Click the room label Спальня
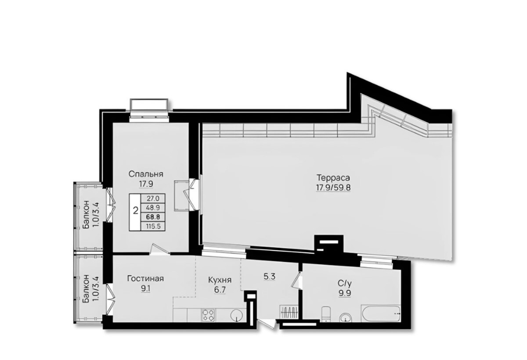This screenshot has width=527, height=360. click(146, 174)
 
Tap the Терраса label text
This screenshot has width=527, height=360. click(333, 178)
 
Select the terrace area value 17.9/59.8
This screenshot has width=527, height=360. click(333, 188)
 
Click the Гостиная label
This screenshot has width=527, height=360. click(145, 279)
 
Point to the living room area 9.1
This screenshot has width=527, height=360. click(146, 288)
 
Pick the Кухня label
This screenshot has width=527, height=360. click(220, 280)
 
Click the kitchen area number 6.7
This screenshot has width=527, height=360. click(220, 290)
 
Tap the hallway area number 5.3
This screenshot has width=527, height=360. click(269, 277)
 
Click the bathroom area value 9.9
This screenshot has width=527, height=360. click(345, 294)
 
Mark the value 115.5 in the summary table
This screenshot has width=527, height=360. click(153, 227)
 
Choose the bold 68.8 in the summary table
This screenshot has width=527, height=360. click(153, 216)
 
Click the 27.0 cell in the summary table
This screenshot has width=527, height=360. click(153, 198)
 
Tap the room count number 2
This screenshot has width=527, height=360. click(136, 211)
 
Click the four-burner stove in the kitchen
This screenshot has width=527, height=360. click(208, 315)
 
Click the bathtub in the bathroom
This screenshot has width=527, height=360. click(380, 313)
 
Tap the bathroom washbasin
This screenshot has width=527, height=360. click(346, 317)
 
